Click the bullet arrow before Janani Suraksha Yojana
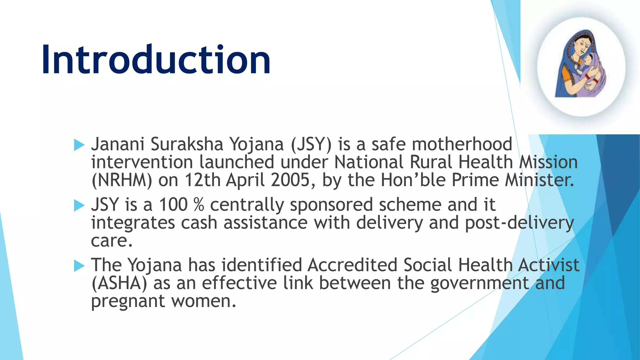pyautogui.click(x=79, y=145)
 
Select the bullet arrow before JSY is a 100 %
pyautogui.click(x=79, y=205)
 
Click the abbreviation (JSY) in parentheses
pyautogui.click(x=311, y=144)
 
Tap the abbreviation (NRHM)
pyautogui.click(x=122, y=180)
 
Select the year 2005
pyautogui.click(x=290, y=180)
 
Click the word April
pyautogui.click(x=245, y=180)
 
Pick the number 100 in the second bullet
pyautogui.click(x=173, y=205)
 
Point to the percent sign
pyautogui.click(x=199, y=205)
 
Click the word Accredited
pyautogui.click(x=352, y=265)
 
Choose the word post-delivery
pyautogui.click(x=519, y=223)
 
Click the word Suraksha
pyautogui.click(x=187, y=144)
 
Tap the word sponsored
pyautogui.click(x=331, y=205)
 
